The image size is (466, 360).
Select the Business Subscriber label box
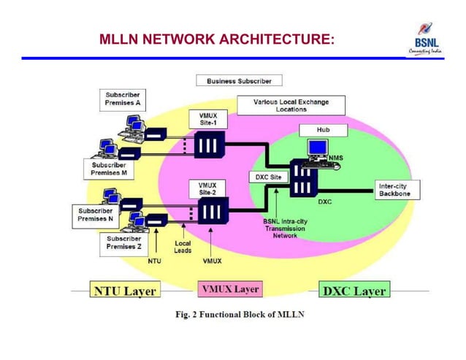pos(238,80)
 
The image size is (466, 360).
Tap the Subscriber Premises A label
pos(122,99)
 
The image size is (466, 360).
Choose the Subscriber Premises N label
pos(94,215)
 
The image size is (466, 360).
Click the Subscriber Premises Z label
pos(123,242)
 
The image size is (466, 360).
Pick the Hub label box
pos(322,129)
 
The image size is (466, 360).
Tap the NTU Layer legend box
pos(124,291)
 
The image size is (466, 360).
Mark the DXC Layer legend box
pos(355,291)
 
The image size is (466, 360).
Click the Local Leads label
pos(183,247)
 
